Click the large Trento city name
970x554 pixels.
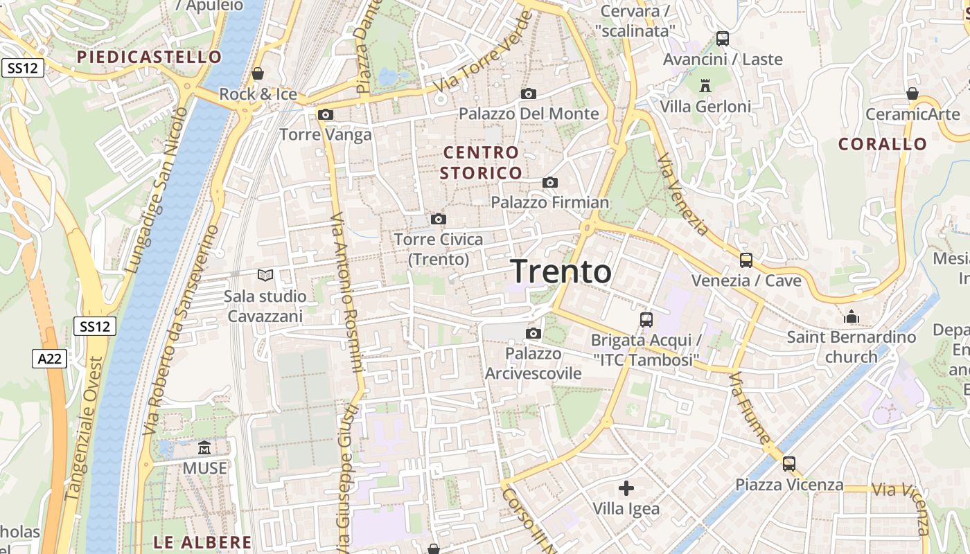(x=561, y=271)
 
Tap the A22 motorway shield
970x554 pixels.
(x=49, y=358)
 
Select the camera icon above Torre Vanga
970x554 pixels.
(x=326, y=114)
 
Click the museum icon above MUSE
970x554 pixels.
(x=204, y=447)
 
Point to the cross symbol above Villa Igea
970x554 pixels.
(x=626, y=488)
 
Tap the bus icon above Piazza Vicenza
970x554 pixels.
(x=789, y=464)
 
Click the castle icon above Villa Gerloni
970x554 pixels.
(x=705, y=85)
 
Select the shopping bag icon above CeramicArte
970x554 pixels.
(x=912, y=93)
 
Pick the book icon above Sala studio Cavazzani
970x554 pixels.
(x=265, y=275)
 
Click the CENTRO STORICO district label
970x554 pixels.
(x=482, y=163)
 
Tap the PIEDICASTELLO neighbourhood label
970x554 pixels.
(x=150, y=57)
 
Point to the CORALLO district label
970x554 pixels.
(x=883, y=144)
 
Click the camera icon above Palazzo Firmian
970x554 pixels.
(x=550, y=182)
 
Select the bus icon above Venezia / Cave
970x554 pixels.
(x=746, y=260)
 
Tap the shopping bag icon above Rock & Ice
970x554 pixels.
(x=258, y=73)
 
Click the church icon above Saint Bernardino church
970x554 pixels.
(x=852, y=317)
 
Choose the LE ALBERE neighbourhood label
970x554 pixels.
(x=202, y=542)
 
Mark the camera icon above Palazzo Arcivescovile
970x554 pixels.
(x=533, y=333)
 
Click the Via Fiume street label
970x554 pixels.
(x=749, y=409)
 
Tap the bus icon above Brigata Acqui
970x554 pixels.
(x=646, y=320)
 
